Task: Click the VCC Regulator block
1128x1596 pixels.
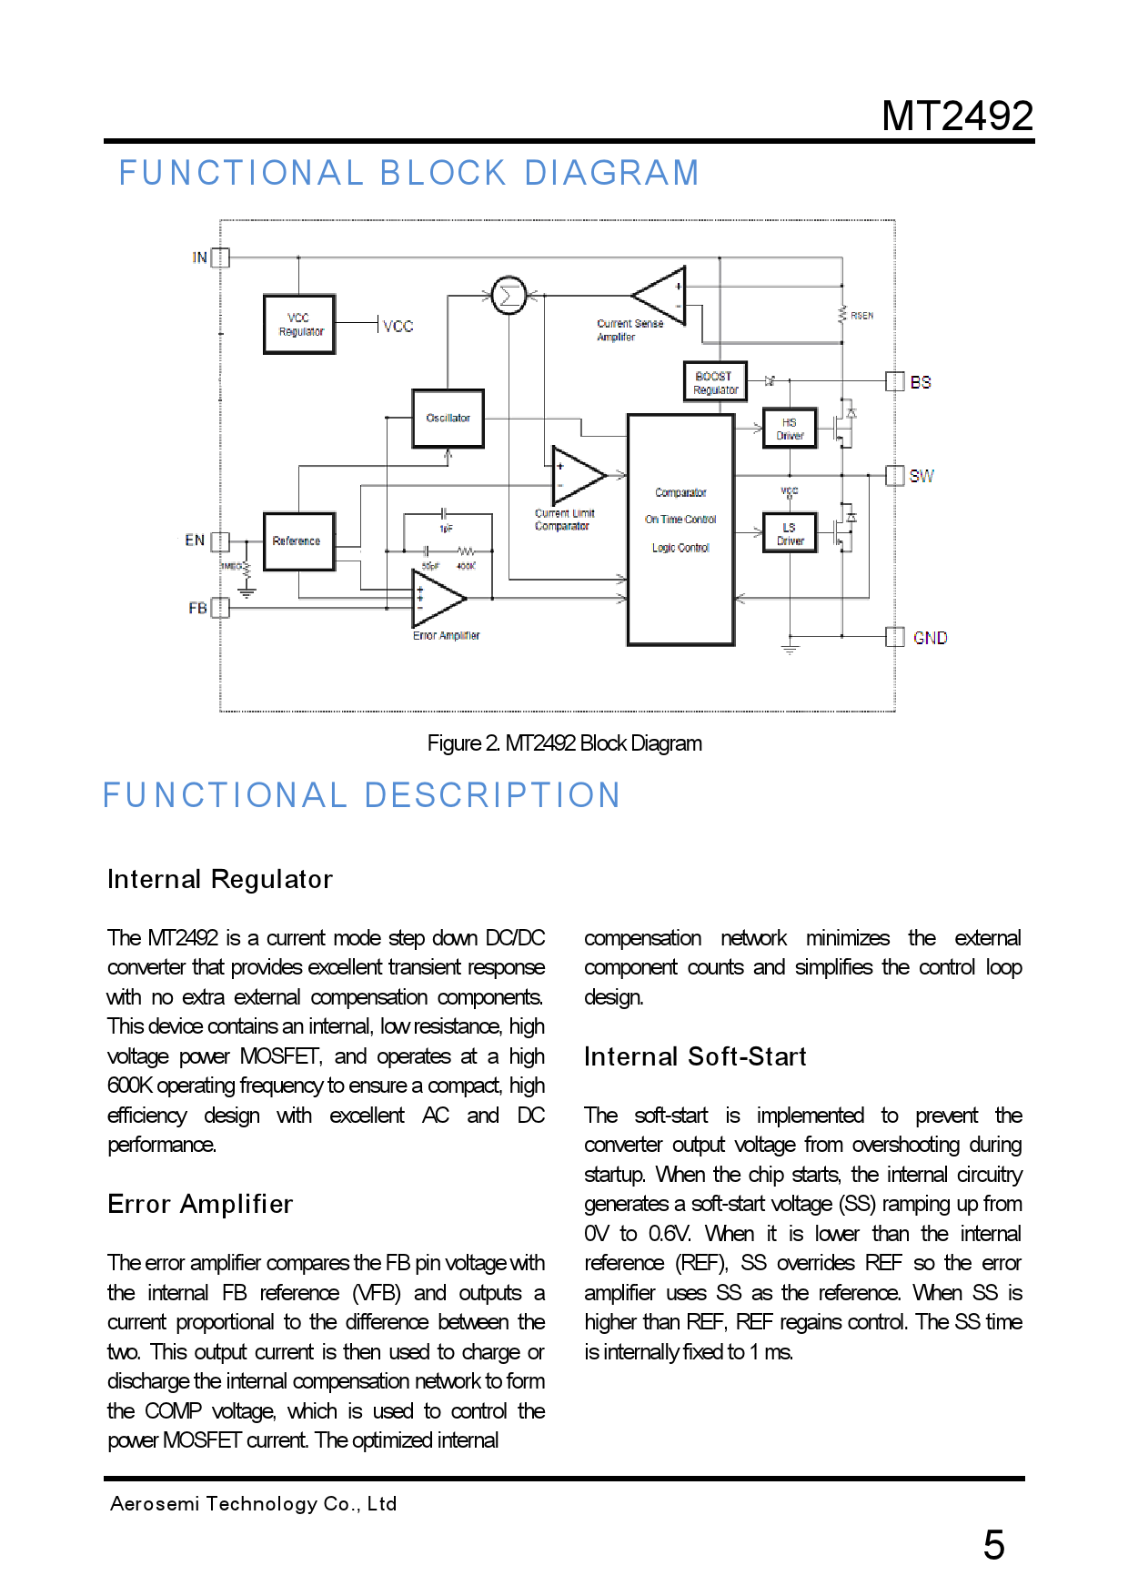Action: pos(299,325)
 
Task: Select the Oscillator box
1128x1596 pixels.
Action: pos(448,419)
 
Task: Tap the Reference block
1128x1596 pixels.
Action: pos(298,541)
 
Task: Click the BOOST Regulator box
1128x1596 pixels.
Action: pos(715,382)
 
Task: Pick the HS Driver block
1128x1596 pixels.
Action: pos(790,429)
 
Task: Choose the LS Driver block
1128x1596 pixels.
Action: pos(790,534)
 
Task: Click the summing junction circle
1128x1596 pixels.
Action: pos(509,295)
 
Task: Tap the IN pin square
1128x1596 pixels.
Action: pos(220,258)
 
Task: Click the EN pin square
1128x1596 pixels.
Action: pos(220,541)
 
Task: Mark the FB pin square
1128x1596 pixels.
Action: pos(220,608)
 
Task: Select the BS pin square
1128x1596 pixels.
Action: pos(895,381)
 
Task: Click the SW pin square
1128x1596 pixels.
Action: pos(895,475)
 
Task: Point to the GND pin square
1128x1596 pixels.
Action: pos(895,637)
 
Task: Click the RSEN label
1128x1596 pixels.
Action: pos(861,316)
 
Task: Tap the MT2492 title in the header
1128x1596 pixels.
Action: pos(957,116)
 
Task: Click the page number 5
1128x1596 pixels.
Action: pos(993,1545)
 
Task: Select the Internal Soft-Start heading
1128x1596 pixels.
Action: pos(695,1056)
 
